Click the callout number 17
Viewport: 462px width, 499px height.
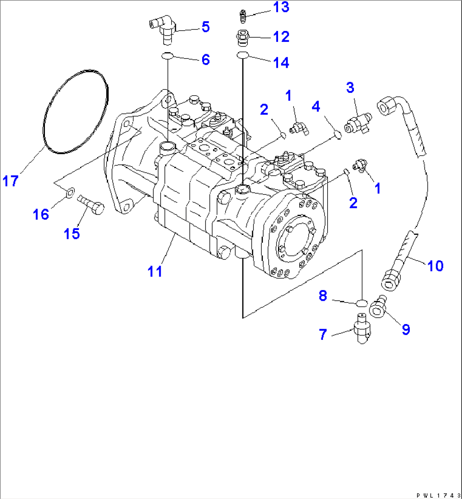(11, 181)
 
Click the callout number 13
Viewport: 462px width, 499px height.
(281, 7)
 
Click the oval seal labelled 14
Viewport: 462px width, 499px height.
(242, 55)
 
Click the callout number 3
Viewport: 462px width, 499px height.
(350, 88)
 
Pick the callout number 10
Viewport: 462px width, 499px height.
(435, 266)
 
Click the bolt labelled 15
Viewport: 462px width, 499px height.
(91, 206)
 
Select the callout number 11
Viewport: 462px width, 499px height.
(155, 271)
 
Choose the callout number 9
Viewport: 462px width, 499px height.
(406, 329)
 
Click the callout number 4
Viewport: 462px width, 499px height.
(316, 106)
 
